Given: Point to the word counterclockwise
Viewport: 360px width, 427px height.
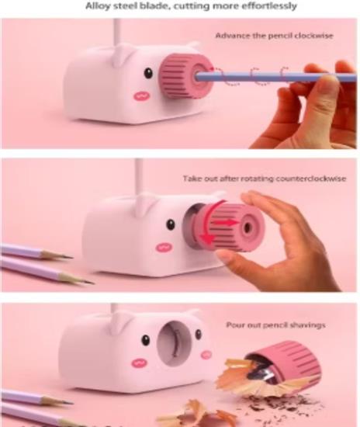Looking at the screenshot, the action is [311, 179].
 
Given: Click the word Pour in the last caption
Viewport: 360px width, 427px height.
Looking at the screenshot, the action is [234, 325].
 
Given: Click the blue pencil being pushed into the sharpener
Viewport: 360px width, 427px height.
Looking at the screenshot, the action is [275, 77].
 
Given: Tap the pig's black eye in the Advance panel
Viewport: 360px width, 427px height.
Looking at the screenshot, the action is [148, 73].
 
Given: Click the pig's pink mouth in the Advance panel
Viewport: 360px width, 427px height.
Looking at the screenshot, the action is [141, 95].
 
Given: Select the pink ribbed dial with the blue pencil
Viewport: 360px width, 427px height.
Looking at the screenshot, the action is [186, 76].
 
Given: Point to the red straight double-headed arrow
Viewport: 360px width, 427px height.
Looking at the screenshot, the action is [224, 223].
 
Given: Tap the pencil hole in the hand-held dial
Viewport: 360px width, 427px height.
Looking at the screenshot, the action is [247, 227].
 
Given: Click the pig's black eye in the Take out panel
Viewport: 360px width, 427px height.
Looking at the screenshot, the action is [171, 224].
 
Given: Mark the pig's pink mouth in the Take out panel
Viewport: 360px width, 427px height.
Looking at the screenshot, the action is [164, 247].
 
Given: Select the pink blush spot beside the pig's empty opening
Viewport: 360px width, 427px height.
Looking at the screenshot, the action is [206, 354].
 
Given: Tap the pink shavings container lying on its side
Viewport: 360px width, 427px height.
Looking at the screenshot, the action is [282, 363].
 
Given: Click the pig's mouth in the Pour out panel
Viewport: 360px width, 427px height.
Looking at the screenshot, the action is [140, 363].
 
